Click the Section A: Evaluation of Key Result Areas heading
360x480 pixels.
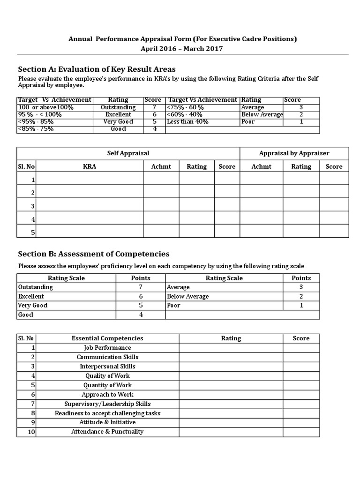[x=97, y=69]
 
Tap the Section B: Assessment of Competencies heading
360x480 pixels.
[x=94, y=254]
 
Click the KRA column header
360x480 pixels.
[x=90, y=166]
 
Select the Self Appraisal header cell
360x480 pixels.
[x=128, y=153]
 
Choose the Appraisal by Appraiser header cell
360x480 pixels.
[x=294, y=153]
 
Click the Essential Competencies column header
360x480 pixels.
[x=107, y=338]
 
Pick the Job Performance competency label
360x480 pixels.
[x=107, y=348]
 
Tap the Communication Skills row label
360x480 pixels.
[x=107, y=357]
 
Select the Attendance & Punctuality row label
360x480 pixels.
[x=107, y=432]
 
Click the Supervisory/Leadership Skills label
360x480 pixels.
[x=107, y=404]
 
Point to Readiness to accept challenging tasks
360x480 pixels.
[x=107, y=413]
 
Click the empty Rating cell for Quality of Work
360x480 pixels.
[x=231, y=375]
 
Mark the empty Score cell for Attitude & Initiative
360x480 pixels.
[x=301, y=422]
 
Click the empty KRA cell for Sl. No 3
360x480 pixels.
[x=90, y=206]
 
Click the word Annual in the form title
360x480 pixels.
[x=81, y=39]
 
